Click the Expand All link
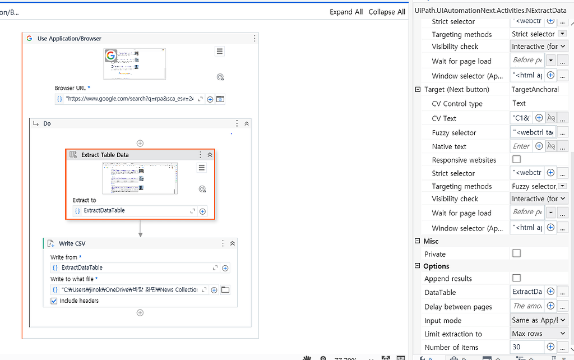(346, 12)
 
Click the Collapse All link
(387, 12)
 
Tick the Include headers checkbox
(54, 301)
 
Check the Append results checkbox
(517, 278)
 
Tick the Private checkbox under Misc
(517, 253)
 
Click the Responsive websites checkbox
(517, 160)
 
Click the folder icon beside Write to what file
(225, 290)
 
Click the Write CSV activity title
(72, 243)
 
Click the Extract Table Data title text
(105, 155)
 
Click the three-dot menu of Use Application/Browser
(254, 39)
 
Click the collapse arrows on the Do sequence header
(247, 123)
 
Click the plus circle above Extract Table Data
(140, 143)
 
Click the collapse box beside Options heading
(418, 266)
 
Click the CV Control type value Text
(519, 103)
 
